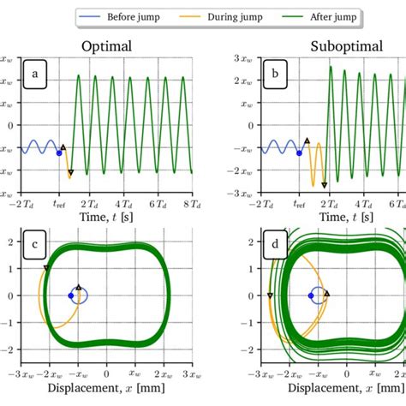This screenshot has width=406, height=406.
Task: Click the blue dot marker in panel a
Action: click(x=59, y=153)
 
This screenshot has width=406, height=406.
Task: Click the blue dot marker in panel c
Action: click(x=71, y=296)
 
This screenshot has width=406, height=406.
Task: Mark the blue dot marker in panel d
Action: click(x=311, y=296)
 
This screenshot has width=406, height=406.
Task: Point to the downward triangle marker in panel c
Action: click(x=46, y=268)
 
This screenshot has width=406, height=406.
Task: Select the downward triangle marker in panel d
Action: click(x=271, y=296)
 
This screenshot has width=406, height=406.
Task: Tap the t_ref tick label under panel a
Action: click(x=59, y=206)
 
